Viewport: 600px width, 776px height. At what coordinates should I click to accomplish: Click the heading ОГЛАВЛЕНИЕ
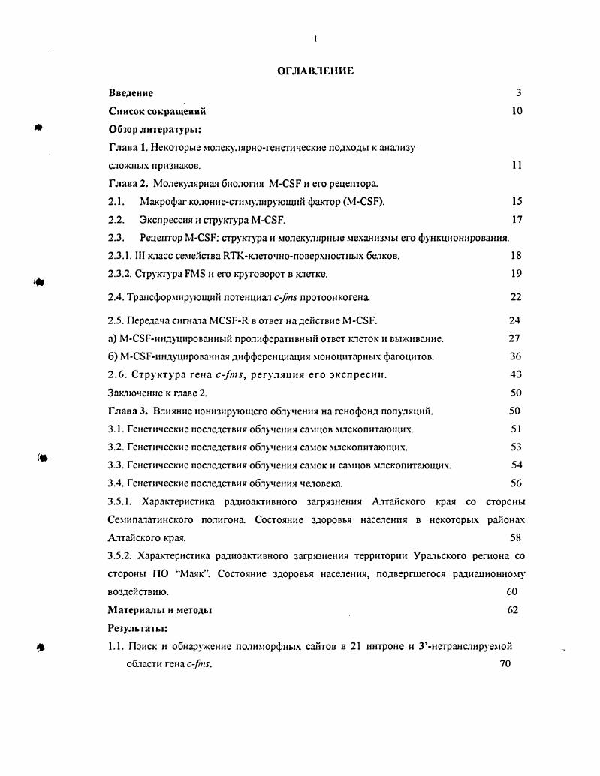pos(315,71)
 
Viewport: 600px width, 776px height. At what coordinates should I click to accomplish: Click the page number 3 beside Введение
pos(518,93)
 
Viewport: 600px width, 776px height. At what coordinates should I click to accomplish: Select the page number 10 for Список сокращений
pos(517,111)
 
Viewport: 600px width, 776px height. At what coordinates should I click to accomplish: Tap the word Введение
pos(131,93)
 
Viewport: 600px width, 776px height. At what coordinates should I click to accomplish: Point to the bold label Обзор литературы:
pos(149,129)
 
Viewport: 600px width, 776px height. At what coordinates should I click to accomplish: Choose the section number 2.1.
pos(116,201)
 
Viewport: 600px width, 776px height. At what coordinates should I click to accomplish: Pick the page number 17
pos(516,219)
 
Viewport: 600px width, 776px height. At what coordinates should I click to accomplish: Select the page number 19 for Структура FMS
pos(516,273)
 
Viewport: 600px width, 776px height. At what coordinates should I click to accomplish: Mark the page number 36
pos(515,356)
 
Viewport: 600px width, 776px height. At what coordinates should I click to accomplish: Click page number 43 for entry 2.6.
pos(515,374)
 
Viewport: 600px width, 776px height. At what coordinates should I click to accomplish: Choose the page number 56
pos(516,483)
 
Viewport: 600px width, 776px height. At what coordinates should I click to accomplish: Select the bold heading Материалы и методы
pos(160,610)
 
